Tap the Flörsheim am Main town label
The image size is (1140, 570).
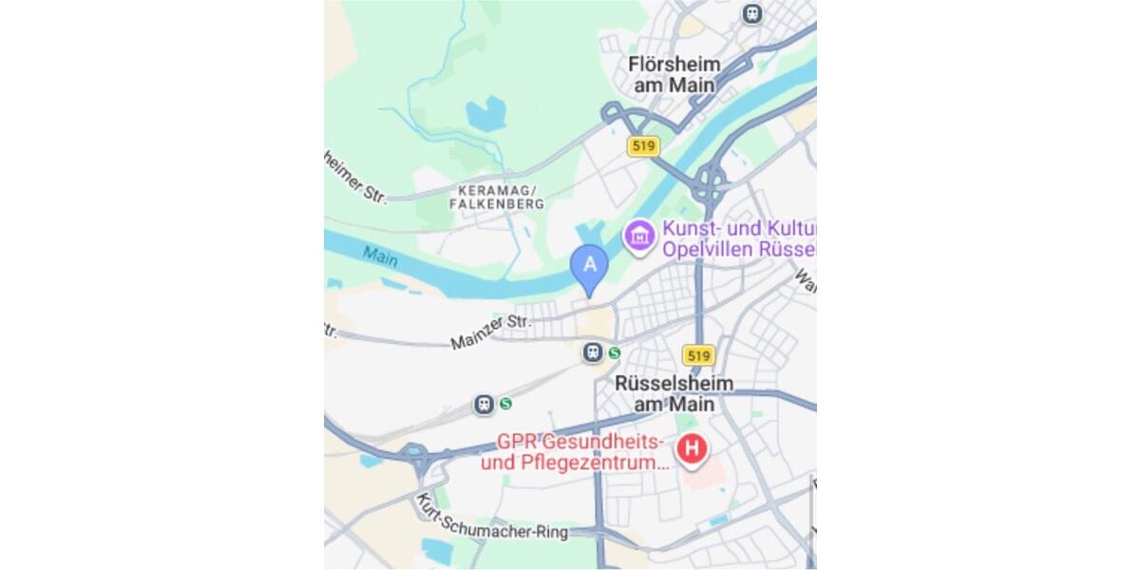tap(674, 74)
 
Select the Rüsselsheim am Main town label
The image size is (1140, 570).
tap(674, 393)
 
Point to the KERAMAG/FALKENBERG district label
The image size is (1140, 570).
tap(497, 197)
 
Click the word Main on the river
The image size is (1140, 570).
tap(380, 256)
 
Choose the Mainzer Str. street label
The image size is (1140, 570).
tap(491, 332)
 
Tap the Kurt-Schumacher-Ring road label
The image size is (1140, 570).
tap(493, 520)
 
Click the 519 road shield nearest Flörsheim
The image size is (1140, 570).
tap(643, 146)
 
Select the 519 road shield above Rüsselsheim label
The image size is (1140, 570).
tap(698, 355)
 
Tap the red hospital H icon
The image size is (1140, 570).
tap(693, 448)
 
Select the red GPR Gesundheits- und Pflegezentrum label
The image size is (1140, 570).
tap(575, 453)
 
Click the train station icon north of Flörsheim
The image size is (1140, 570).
tap(752, 13)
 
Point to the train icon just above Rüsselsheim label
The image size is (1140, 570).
tap(593, 353)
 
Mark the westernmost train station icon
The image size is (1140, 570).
tap(484, 405)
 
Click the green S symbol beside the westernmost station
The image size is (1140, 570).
tap(505, 404)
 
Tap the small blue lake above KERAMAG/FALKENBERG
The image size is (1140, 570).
tap(484, 112)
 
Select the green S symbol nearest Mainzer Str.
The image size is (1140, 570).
tap(615, 353)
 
